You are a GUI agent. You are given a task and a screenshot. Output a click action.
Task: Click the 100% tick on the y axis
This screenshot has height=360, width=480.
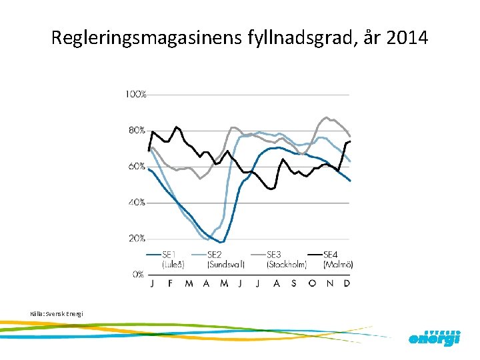point(135,95)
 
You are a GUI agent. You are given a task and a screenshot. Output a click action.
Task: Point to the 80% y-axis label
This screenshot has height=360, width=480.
point(137,130)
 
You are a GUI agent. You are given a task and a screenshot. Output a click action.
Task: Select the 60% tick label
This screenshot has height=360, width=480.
point(137,166)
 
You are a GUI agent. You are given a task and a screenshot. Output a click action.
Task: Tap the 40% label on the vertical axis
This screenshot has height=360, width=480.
point(137,202)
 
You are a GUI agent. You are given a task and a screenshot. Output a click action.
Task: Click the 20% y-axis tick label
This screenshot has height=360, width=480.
point(137,238)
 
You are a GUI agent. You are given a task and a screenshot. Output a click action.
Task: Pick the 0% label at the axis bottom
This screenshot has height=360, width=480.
point(138,274)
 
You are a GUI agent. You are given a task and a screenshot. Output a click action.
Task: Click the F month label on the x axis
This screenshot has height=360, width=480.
point(171,283)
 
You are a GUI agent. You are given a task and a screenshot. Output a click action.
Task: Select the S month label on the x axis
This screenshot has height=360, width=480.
point(294,283)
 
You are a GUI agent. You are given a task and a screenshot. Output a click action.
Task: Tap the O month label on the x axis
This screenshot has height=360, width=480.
point(312,283)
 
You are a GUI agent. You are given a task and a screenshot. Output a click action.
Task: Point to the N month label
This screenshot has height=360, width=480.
point(330,283)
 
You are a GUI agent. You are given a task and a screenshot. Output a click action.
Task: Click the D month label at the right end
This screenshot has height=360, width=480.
point(347,283)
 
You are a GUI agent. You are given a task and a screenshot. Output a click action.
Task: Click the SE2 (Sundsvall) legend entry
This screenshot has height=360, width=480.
point(225,259)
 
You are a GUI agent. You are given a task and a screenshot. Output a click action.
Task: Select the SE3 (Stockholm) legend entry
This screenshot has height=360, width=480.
point(286,259)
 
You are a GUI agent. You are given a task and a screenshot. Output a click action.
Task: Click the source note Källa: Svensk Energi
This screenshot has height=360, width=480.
point(57,313)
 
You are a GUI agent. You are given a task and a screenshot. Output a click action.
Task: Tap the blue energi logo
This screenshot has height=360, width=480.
point(434,338)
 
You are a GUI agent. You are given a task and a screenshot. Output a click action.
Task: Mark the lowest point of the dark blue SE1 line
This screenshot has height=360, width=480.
point(223,242)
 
